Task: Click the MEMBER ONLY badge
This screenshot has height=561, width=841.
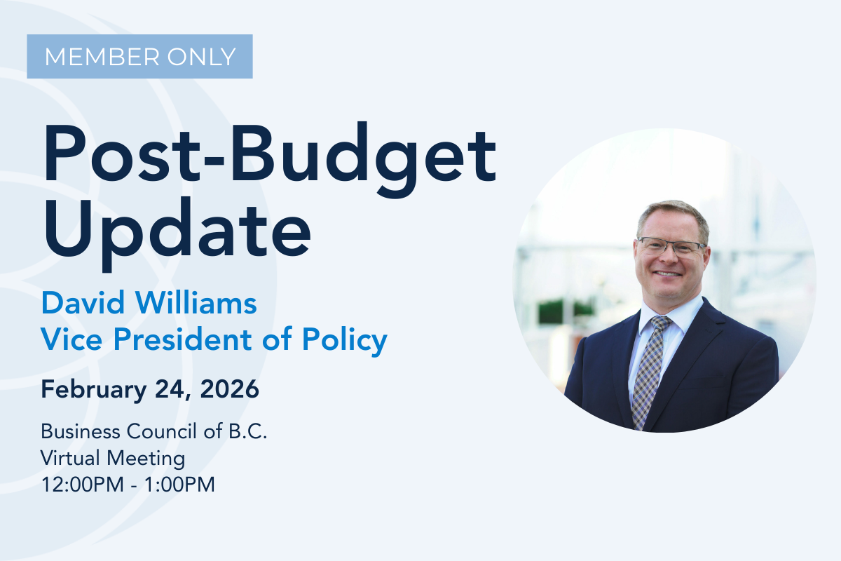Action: (x=139, y=56)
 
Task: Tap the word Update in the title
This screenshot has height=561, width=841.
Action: (x=177, y=229)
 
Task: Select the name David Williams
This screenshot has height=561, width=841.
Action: (x=149, y=304)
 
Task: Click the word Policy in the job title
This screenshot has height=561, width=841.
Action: (x=345, y=341)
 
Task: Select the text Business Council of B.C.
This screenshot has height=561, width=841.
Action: (x=154, y=431)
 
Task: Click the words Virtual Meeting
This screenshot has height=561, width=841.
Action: (x=113, y=458)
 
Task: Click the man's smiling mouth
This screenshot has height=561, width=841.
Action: (x=668, y=273)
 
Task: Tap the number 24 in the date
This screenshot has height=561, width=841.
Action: (x=172, y=390)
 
